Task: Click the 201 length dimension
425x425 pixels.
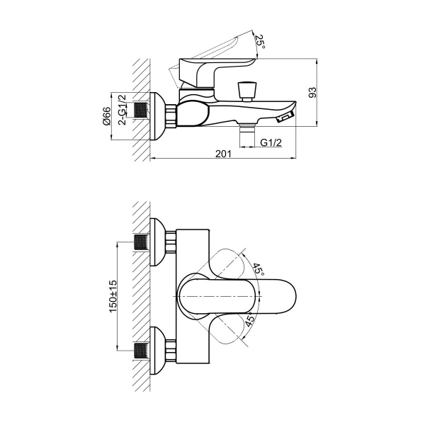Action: pyautogui.click(x=224, y=154)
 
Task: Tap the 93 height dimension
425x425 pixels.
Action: pyautogui.click(x=312, y=92)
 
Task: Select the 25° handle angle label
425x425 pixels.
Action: pyautogui.click(x=261, y=42)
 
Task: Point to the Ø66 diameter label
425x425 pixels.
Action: pyautogui.click(x=107, y=116)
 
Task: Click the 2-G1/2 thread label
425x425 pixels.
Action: pyautogui.click(x=123, y=110)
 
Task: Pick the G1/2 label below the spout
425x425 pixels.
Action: pyautogui.click(x=271, y=142)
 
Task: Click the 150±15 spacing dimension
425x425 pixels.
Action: pyautogui.click(x=113, y=296)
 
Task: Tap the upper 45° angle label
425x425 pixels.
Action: pyautogui.click(x=259, y=270)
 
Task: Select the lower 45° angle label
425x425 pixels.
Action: pyautogui.click(x=249, y=319)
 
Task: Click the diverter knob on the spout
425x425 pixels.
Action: pyautogui.click(x=246, y=91)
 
